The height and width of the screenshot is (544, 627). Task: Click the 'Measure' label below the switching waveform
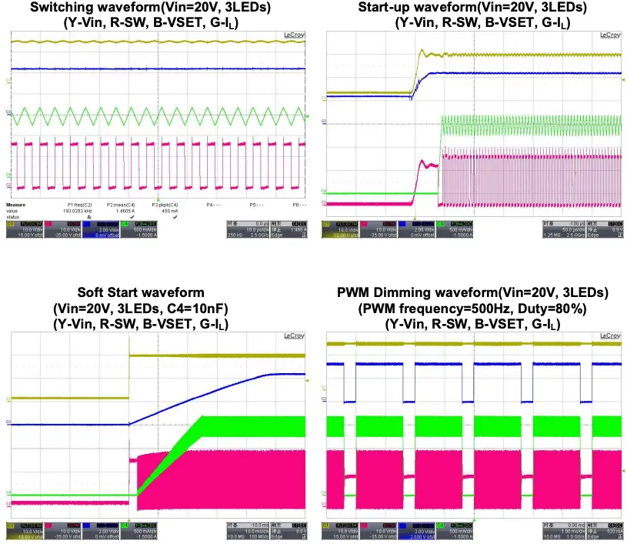click(18, 205)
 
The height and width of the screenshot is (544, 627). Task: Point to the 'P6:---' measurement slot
click(298, 205)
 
